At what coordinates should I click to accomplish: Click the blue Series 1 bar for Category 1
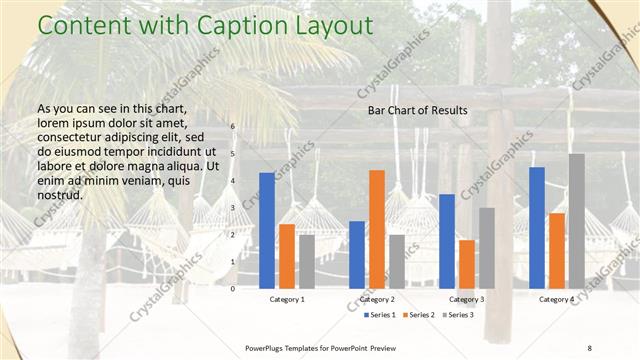[x=267, y=231]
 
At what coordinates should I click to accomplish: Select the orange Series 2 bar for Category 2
[x=377, y=229]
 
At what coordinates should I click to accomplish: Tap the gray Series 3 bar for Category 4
[x=577, y=221]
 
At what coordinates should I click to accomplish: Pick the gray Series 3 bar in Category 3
[x=487, y=248]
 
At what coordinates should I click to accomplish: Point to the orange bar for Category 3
[x=467, y=264]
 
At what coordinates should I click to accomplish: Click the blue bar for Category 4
[x=537, y=228]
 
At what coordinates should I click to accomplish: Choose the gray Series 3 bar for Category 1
[x=307, y=262]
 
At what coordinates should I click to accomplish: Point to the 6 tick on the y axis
[x=232, y=127]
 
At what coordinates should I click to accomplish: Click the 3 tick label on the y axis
[x=232, y=208]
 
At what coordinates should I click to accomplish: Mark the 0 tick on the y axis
[x=232, y=289]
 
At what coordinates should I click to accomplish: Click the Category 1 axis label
[x=287, y=300]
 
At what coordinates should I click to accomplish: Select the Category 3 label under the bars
[x=467, y=300]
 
